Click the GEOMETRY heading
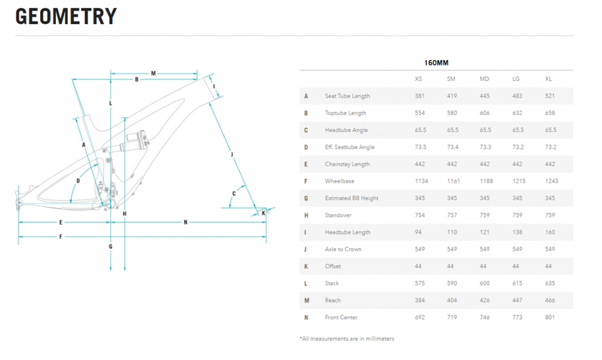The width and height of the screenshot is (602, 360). click(x=66, y=16)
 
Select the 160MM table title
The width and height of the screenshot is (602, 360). click(x=437, y=62)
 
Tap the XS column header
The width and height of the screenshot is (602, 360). click(x=418, y=79)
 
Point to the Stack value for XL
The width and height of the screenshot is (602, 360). click(x=550, y=284)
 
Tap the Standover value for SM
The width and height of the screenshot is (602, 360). click(x=452, y=215)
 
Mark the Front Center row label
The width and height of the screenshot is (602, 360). click(x=341, y=318)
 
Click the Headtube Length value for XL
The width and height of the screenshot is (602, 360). click(x=550, y=232)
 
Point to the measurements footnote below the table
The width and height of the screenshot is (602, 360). click(x=347, y=339)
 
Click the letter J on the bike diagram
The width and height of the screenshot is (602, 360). click(x=232, y=154)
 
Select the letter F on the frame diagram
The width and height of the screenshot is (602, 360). click(x=61, y=236)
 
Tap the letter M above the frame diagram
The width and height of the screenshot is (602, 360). click(x=153, y=74)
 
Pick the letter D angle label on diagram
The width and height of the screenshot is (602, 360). click(x=78, y=181)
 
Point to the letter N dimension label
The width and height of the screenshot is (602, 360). click(x=185, y=222)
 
